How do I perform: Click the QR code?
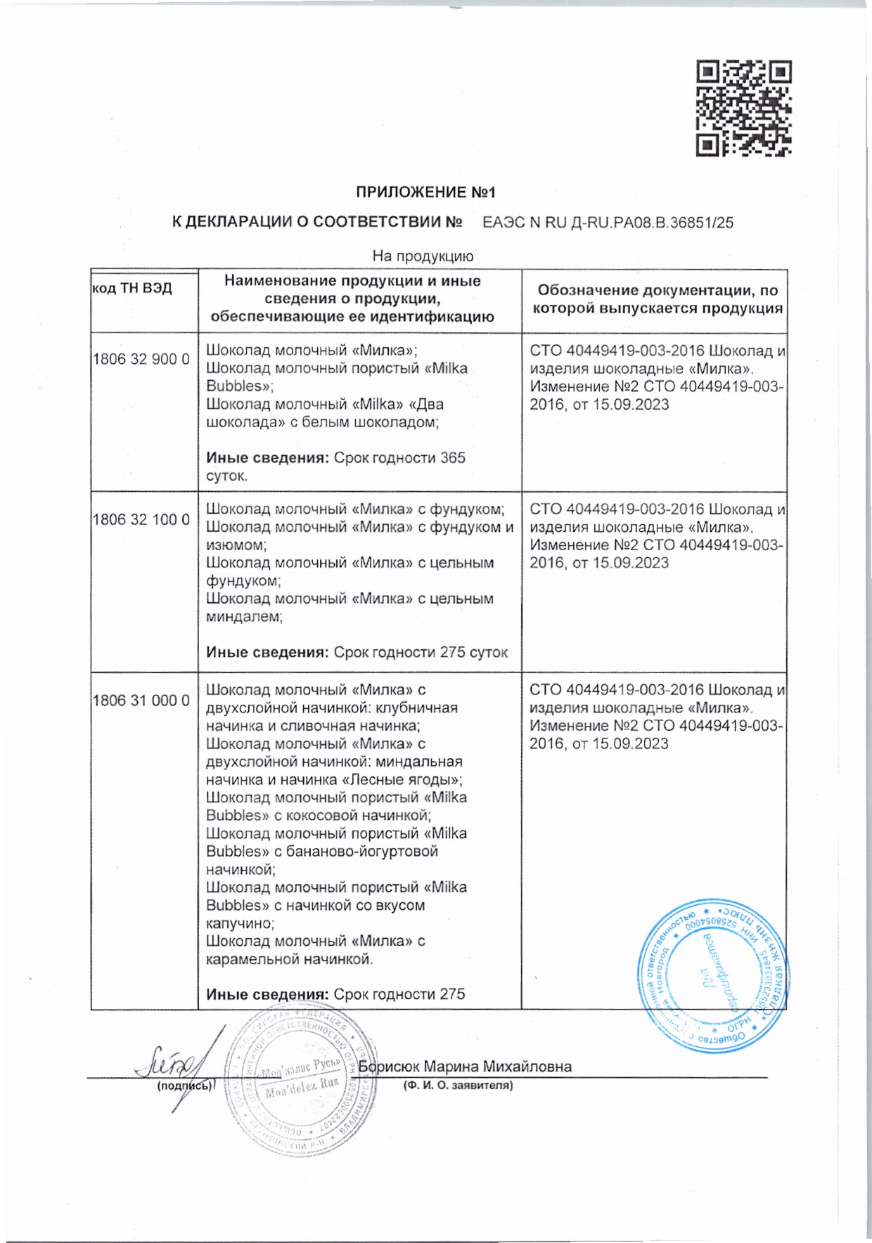pyautogui.click(x=744, y=108)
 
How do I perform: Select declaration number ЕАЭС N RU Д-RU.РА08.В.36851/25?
pyautogui.click(x=608, y=223)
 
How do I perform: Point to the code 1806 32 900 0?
pyautogui.click(x=141, y=359)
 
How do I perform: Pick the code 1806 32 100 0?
pyautogui.click(x=141, y=519)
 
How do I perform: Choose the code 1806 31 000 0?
pyautogui.click(x=141, y=701)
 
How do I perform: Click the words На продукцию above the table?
pyautogui.click(x=423, y=256)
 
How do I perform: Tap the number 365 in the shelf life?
pyautogui.click(x=452, y=457)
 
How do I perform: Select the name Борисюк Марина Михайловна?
pyautogui.click(x=465, y=1067)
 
